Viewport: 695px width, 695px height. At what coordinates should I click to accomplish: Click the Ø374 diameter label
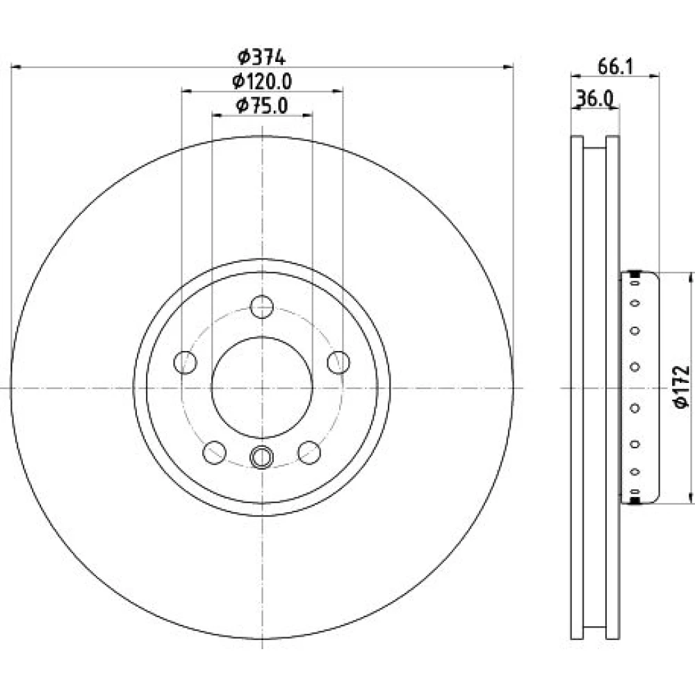(x=261, y=57)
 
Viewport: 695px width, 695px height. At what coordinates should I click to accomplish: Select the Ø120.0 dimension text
(x=262, y=81)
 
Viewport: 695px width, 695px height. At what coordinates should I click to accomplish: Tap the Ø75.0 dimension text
(x=262, y=106)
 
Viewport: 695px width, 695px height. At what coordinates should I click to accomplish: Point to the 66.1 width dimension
(x=615, y=67)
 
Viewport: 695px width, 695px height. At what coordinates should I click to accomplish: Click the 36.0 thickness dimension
(x=594, y=99)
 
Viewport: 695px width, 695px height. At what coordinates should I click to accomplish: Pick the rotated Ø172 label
(x=681, y=386)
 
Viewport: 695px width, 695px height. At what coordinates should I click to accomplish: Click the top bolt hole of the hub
(x=261, y=306)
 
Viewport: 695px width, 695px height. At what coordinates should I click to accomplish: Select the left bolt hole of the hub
(x=185, y=362)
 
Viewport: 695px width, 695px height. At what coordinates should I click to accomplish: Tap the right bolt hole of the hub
(x=338, y=362)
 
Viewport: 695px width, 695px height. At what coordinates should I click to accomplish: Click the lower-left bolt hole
(x=214, y=452)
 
